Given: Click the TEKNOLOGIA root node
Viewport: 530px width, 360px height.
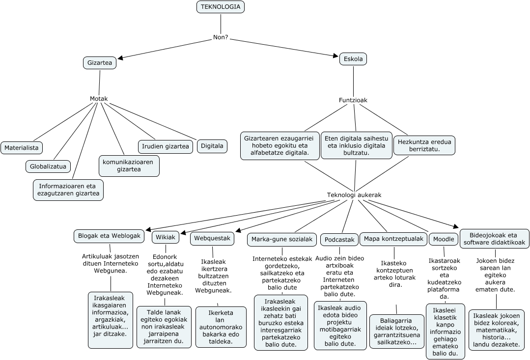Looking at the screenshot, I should click(221, 7).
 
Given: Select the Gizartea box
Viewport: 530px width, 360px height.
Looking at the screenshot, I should click(100, 63).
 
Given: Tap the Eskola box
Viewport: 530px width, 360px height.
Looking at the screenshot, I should click(353, 59).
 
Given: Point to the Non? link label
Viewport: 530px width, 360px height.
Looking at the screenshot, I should click(221, 37).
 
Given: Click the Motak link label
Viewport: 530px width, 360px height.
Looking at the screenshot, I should click(99, 99).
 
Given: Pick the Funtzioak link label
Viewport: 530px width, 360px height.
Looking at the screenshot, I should click(353, 100).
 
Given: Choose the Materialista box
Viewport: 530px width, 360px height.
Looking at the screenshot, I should click(22, 147).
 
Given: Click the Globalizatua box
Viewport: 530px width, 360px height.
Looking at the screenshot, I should click(48, 166).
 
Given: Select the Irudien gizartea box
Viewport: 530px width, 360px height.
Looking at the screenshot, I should click(166, 146).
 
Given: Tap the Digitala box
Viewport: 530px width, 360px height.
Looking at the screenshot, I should click(212, 145).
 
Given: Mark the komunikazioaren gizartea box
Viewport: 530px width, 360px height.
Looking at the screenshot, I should click(129, 166).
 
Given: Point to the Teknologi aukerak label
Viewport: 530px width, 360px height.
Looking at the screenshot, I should click(354, 195).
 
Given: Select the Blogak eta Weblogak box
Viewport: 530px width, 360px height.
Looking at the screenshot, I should click(110, 236).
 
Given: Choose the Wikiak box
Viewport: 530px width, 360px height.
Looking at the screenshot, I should click(166, 237).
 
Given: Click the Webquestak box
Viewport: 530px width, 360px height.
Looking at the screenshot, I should click(212, 238).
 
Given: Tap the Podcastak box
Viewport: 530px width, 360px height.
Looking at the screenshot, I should click(339, 240).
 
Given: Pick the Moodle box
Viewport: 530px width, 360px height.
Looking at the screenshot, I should click(444, 239).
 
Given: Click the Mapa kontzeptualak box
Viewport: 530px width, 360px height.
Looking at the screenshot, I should click(393, 239).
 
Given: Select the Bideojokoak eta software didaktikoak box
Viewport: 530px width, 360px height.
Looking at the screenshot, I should click(494, 239).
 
